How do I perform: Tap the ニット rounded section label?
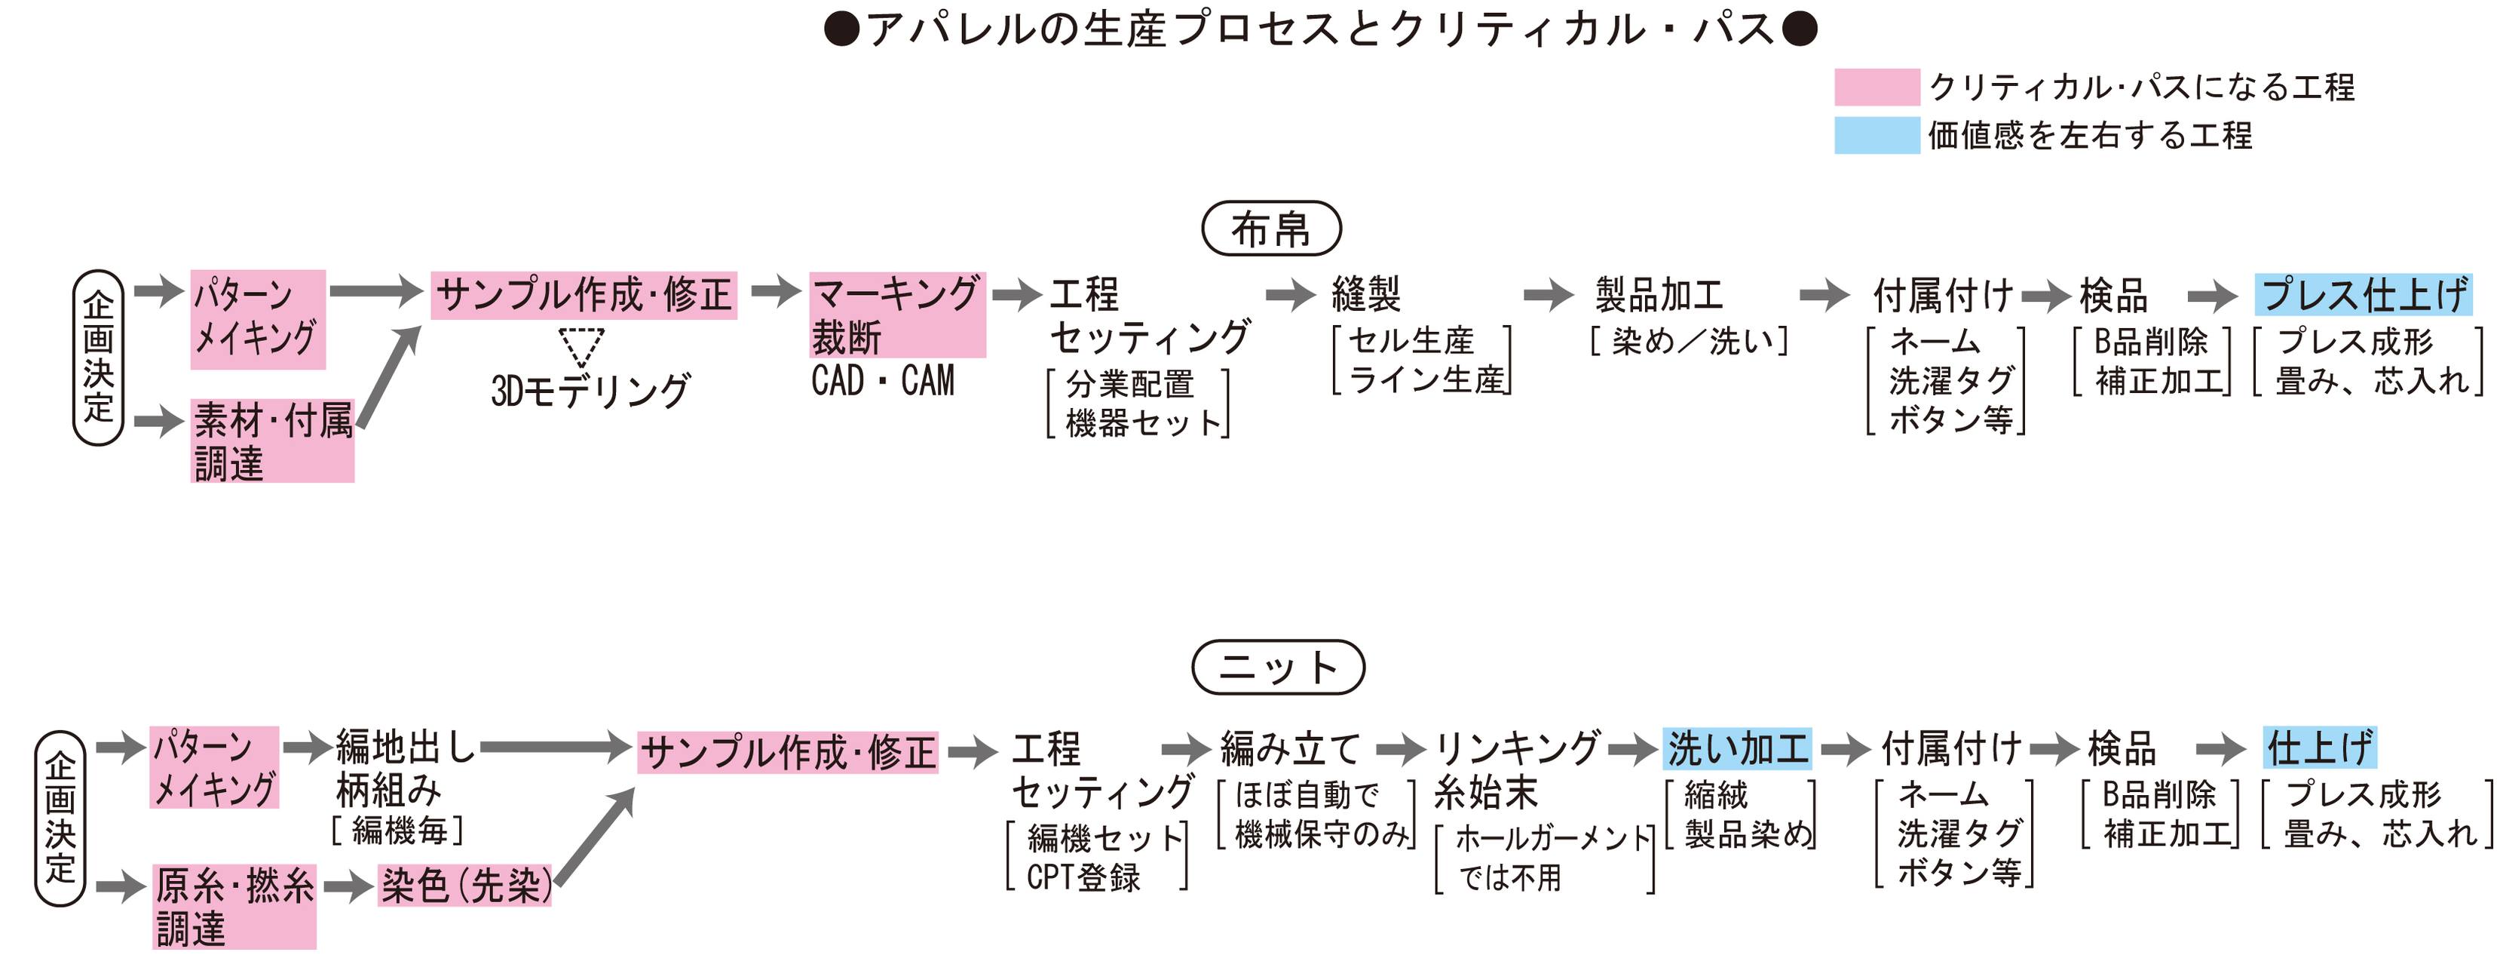click(1278, 667)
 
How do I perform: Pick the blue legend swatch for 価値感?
click(1876, 135)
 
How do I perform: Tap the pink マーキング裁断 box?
click(896, 315)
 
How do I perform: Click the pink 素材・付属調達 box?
click(272, 441)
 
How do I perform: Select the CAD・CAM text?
click(882, 380)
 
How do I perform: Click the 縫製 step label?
click(1366, 293)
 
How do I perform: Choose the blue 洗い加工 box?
click(1737, 748)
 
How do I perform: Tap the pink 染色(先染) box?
click(465, 885)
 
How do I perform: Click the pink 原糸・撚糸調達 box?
click(234, 907)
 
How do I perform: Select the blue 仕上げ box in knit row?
click(2320, 748)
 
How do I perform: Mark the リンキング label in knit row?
click(1516, 748)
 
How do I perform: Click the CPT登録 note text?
click(1083, 877)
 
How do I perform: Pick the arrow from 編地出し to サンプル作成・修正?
click(556, 748)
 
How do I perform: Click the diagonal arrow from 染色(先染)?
click(595, 835)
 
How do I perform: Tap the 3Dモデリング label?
click(590, 391)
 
